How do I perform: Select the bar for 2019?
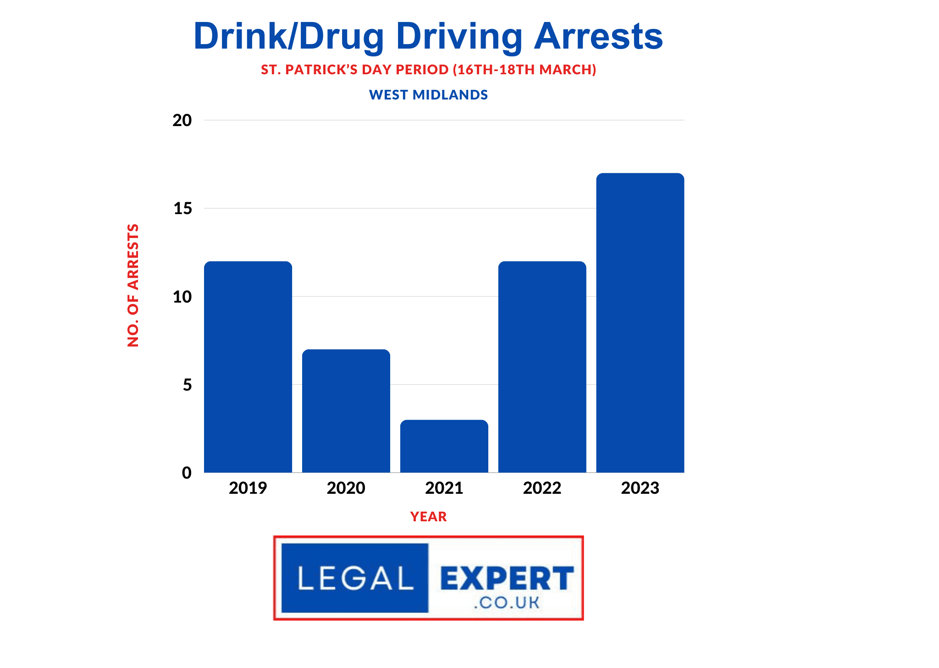[x=248, y=367]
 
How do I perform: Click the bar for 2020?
[x=346, y=411]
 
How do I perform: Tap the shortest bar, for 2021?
[x=444, y=446]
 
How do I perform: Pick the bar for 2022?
[x=542, y=367]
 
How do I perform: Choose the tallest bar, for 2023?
[x=640, y=323]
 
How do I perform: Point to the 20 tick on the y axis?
[x=182, y=121]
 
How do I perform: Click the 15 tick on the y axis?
[x=182, y=209]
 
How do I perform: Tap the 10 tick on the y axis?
[x=182, y=297]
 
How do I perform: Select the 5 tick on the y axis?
[x=187, y=385]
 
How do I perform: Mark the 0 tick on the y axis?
[x=187, y=473]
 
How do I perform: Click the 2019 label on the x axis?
[x=248, y=488]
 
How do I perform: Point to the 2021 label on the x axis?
[x=444, y=488]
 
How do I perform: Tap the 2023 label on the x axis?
[x=640, y=488]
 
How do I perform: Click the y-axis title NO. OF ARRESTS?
[x=133, y=285]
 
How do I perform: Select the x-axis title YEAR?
[x=428, y=517]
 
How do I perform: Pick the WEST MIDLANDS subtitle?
[x=428, y=95]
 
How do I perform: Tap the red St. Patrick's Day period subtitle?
[x=428, y=70]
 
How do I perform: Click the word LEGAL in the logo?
[x=355, y=578]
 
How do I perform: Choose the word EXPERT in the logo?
[x=507, y=578]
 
